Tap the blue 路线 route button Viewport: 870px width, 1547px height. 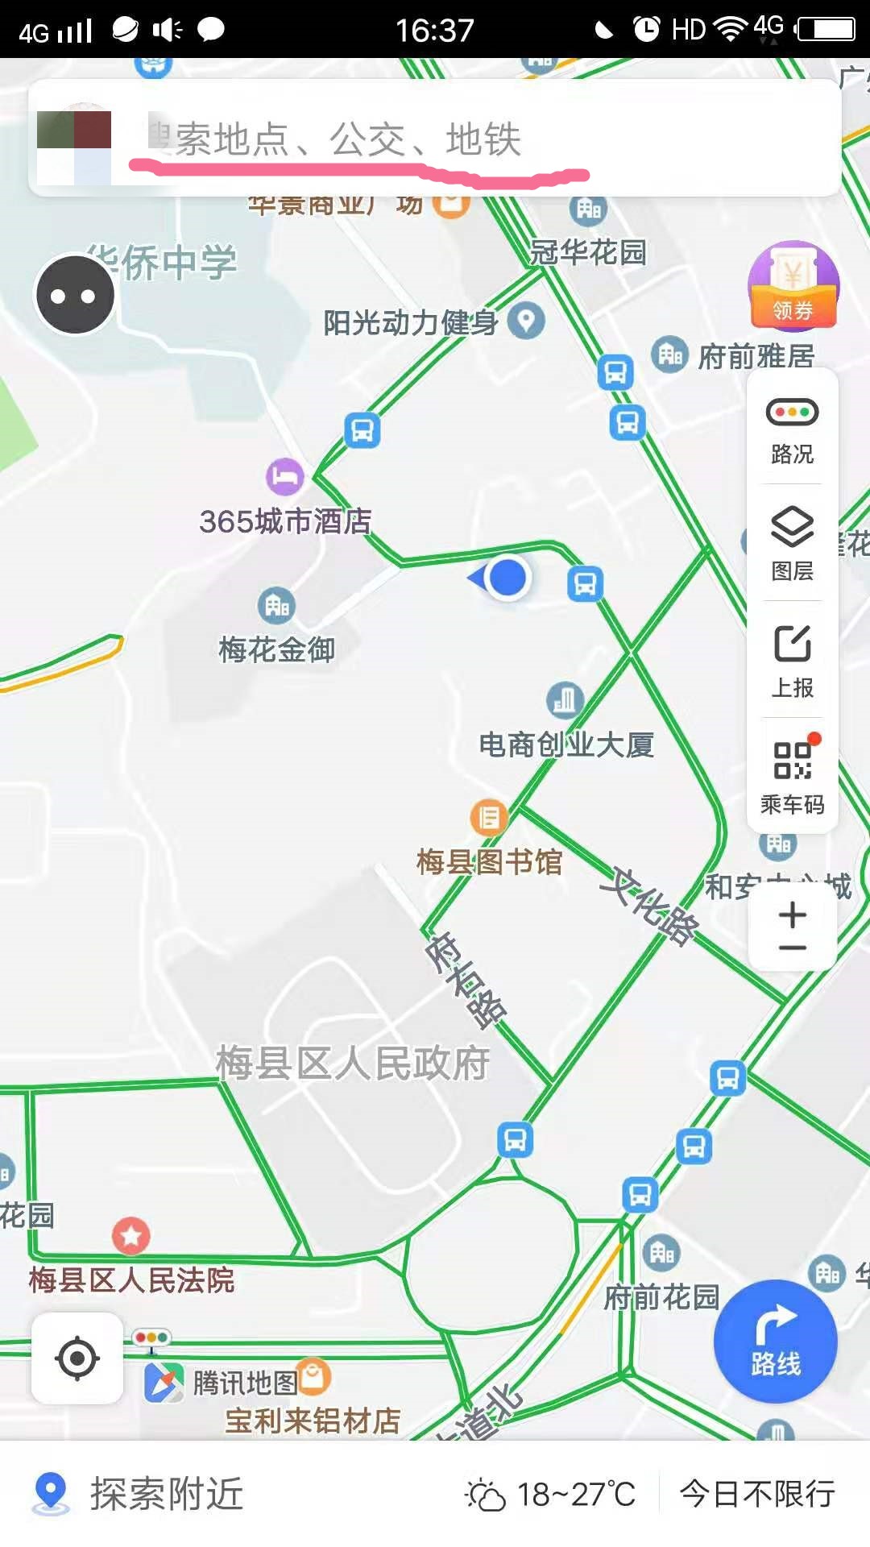pyautogui.click(x=775, y=1342)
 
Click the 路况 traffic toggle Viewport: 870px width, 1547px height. pyautogui.click(x=792, y=429)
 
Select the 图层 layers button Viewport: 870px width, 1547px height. pyautogui.click(x=792, y=544)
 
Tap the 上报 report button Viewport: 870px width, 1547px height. pyautogui.click(x=792, y=661)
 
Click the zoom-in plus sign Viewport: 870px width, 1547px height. pyautogui.click(x=793, y=915)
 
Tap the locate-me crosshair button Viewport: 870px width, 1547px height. pyautogui.click(x=77, y=1358)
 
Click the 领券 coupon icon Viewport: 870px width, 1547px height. pyautogui.click(x=793, y=287)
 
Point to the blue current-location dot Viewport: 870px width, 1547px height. pyautogui.click(x=507, y=577)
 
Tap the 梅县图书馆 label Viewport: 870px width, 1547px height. pyautogui.click(x=489, y=862)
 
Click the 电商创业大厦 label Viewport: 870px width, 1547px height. pyautogui.click(x=566, y=744)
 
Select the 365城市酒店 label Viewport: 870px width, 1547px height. pyautogui.click(x=285, y=521)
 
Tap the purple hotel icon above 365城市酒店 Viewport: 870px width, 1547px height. pyautogui.click(x=284, y=477)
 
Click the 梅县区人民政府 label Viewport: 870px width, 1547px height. pyautogui.click(x=353, y=1063)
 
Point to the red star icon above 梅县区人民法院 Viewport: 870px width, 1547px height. pyautogui.click(x=131, y=1235)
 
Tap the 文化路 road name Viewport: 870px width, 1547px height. pyautogui.click(x=649, y=906)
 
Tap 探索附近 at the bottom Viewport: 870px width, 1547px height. pyautogui.click(x=166, y=1494)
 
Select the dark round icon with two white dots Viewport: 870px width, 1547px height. pyautogui.click(x=75, y=296)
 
